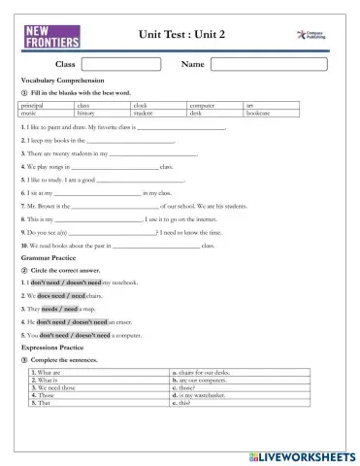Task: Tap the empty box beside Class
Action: pos(124,64)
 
